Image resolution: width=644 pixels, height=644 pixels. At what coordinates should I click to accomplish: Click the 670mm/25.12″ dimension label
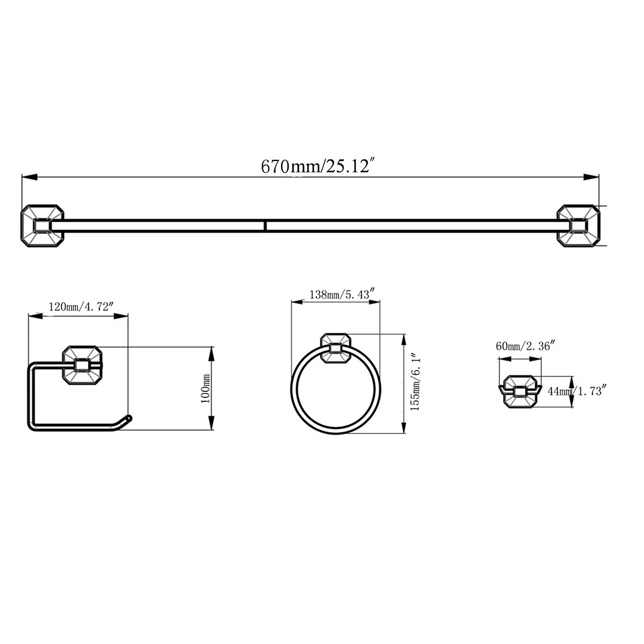tap(318, 166)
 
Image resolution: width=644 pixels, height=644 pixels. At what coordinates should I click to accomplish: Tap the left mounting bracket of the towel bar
tap(43, 226)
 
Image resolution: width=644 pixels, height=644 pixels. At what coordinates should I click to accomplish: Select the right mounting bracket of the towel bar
tap(579, 226)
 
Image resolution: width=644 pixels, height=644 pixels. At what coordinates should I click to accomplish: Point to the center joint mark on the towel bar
tap(265, 226)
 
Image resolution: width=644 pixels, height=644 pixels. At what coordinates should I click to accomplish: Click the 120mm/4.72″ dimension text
tap(80, 306)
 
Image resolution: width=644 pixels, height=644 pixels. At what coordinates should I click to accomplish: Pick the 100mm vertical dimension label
tap(206, 388)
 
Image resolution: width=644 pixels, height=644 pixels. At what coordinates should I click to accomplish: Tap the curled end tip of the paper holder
tap(128, 418)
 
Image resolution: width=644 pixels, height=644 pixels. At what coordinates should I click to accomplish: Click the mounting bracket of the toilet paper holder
tap(82, 365)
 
